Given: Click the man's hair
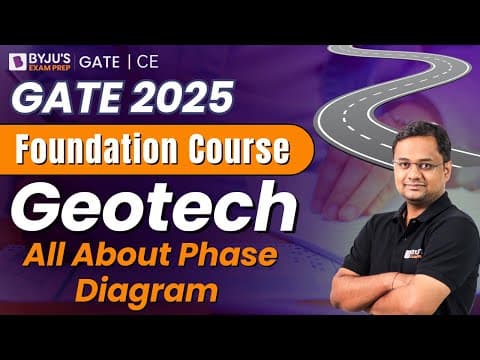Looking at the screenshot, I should [411, 137].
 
